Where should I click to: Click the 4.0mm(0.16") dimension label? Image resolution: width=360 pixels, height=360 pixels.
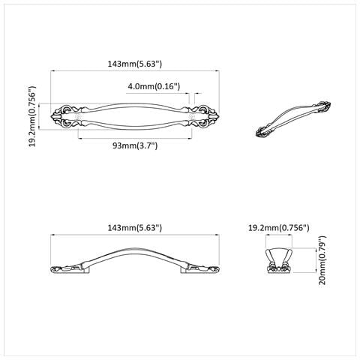(154, 86)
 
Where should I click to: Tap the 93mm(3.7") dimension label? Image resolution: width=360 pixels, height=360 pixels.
(135, 145)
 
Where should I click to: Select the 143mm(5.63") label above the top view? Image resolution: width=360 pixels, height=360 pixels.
(135, 64)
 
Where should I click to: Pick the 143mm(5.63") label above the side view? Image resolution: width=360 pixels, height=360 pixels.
(135, 228)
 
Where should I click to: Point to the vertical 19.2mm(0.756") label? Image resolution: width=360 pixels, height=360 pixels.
(32, 116)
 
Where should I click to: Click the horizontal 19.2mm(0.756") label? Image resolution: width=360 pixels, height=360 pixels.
(279, 228)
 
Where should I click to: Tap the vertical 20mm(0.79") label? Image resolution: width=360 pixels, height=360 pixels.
(322, 260)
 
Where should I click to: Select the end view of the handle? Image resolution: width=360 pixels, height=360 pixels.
(279, 261)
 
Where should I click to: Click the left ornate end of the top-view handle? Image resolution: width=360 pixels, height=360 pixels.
(67, 116)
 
